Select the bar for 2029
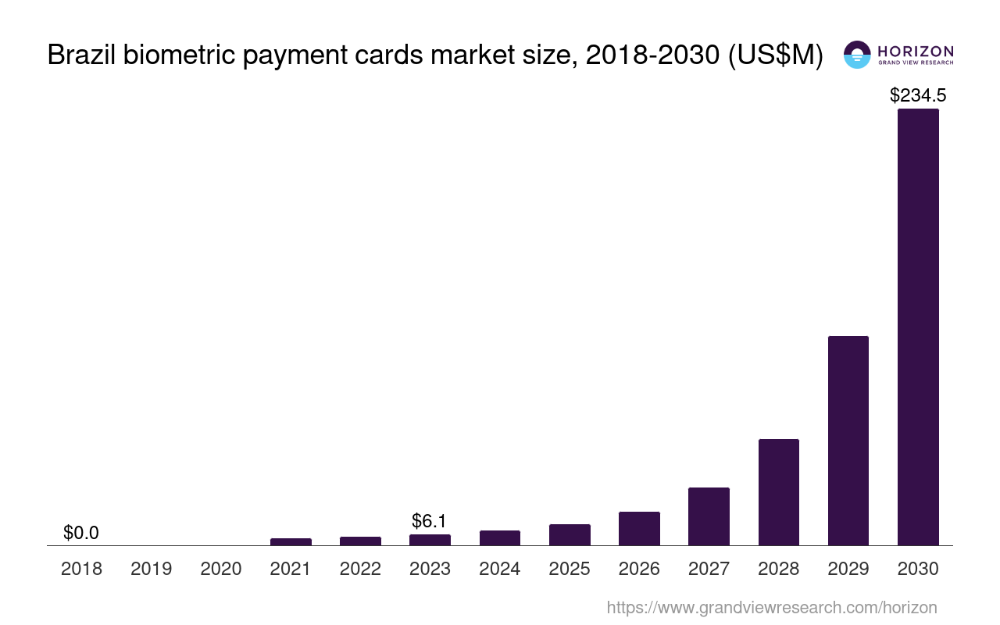pyautogui.click(x=848, y=441)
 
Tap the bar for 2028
pyautogui.click(x=779, y=492)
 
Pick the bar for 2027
pyautogui.click(x=709, y=516)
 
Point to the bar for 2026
pyautogui.click(x=639, y=529)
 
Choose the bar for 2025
pyautogui.click(x=570, y=535)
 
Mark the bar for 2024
pyautogui.click(x=500, y=538)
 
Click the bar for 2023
pyautogui.click(x=430, y=540)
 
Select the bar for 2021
pyautogui.click(x=291, y=541)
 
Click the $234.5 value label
pyautogui.click(x=918, y=95)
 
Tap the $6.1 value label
pyautogui.click(x=430, y=521)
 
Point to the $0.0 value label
pyautogui.click(x=81, y=533)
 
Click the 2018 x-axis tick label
pyautogui.click(x=81, y=569)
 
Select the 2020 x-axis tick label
pyautogui.click(x=221, y=569)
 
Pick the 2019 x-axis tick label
pyautogui.click(x=152, y=569)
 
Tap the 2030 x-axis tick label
pyautogui.click(x=918, y=569)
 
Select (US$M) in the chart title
pyautogui.click(x=775, y=55)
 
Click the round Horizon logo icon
pyautogui.click(x=857, y=55)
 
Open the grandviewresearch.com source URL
pyautogui.click(x=772, y=607)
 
